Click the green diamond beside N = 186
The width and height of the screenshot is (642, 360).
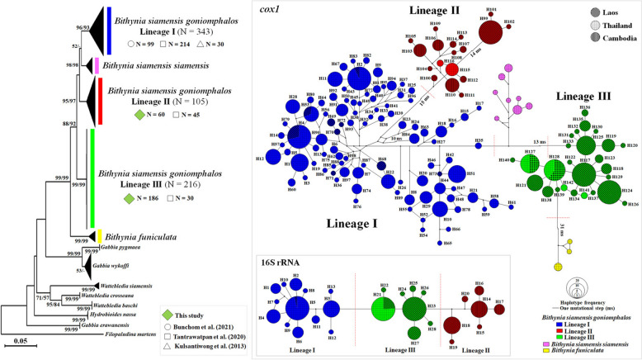tap(103, 199)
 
